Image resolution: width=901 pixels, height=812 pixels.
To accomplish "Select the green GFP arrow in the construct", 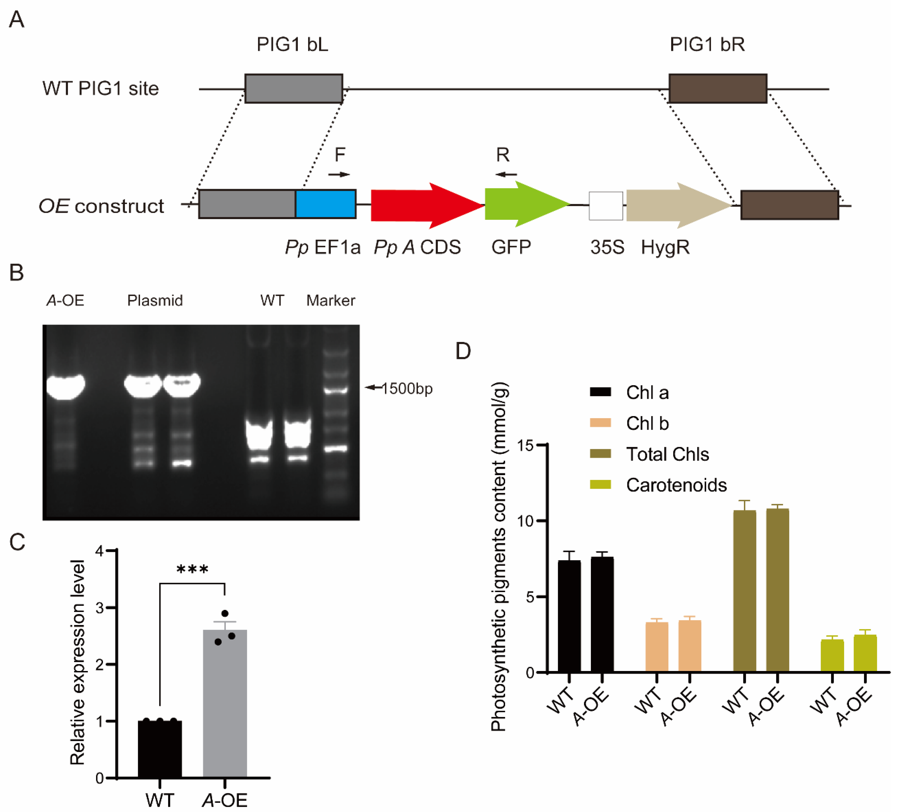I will coord(522,205).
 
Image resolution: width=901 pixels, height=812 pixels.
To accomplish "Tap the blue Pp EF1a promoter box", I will coord(326,204).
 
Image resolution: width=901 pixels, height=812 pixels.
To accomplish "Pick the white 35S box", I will coord(606,206).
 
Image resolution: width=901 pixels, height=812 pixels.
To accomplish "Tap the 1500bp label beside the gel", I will coord(407,389).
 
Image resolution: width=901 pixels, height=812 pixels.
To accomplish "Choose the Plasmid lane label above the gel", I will coord(155,301).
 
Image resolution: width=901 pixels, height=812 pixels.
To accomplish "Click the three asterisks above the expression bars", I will coord(192,569).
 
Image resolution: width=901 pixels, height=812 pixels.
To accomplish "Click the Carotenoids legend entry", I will coord(676,485).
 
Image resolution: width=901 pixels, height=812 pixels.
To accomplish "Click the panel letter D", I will coord(463,351).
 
